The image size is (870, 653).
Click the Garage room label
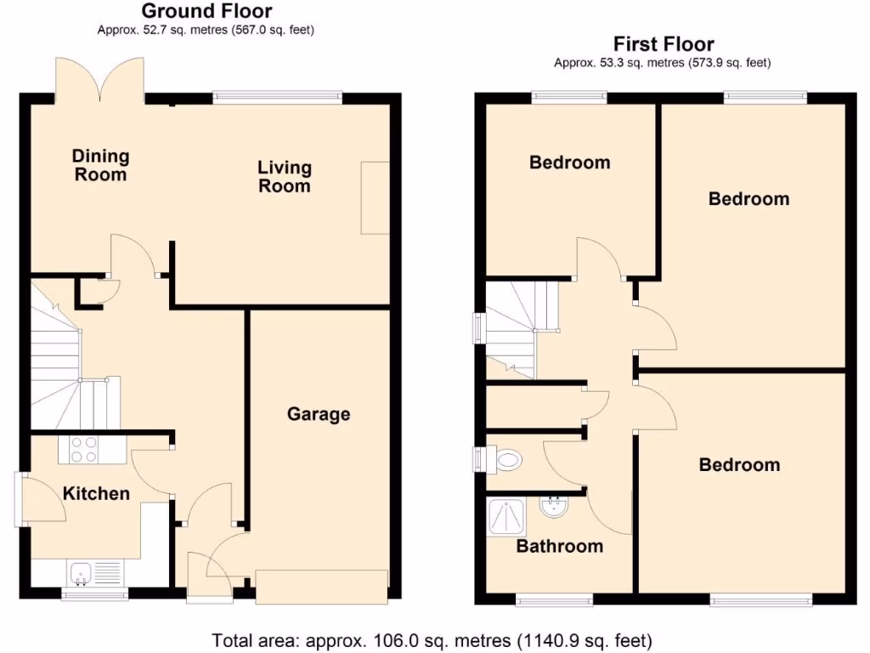(319, 414)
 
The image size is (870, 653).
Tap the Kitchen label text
(97, 493)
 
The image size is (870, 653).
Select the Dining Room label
(100, 165)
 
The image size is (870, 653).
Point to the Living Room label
(285, 177)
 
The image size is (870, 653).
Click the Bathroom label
(560, 546)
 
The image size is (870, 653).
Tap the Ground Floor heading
(206, 11)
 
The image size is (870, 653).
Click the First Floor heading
(664, 44)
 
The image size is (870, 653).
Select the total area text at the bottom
(432, 639)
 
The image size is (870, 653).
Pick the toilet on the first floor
(504, 461)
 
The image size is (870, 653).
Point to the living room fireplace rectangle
(375, 197)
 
